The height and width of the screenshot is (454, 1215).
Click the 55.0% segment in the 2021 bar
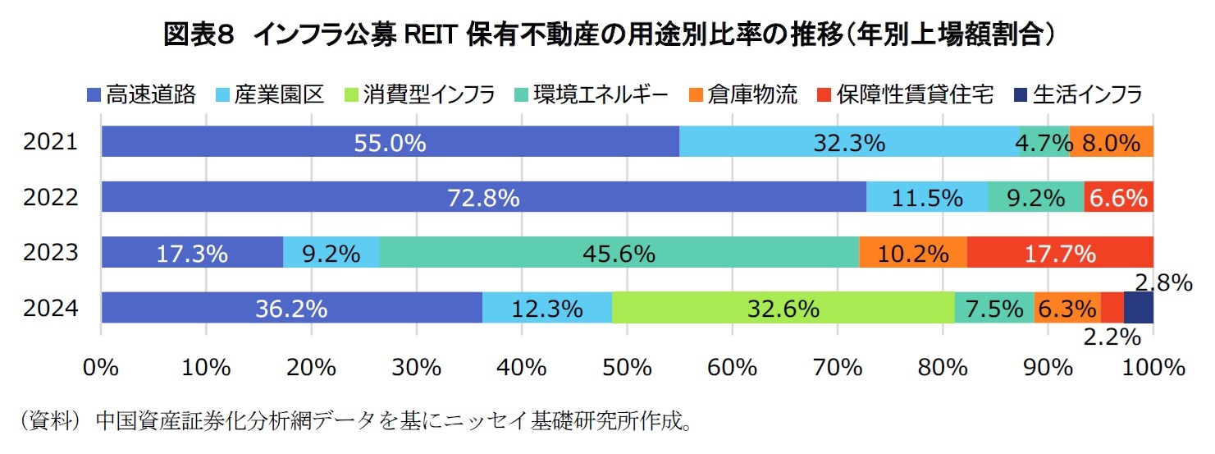pyautogui.click(x=391, y=142)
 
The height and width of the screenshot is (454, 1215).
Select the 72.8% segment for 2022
pyautogui.click(x=483, y=197)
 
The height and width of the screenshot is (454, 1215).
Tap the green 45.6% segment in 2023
pyautogui.click(x=619, y=253)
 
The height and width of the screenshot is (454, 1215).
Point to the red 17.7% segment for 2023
pyautogui.click(x=1060, y=253)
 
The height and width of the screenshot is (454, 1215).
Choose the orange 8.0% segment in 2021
pyautogui.click(x=1112, y=142)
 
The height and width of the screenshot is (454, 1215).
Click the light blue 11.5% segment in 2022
pyautogui.click(x=926, y=197)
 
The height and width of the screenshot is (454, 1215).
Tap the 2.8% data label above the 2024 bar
pyautogui.click(x=1162, y=283)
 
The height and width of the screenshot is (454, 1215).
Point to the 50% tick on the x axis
pyautogui.click(x=627, y=367)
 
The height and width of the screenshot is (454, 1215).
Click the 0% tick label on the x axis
pyautogui.click(x=102, y=367)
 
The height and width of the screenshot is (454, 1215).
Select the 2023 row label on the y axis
pyautogui.click(x=51, y=253)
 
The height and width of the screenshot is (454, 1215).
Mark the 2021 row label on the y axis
pyautogui.click(x=51, y=142)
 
